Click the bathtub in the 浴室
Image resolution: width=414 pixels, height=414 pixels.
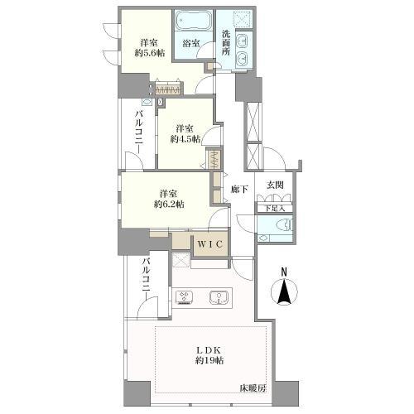point(194,20)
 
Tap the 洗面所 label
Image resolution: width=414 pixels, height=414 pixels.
point(226,42)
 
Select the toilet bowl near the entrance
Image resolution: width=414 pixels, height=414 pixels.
point(286,224)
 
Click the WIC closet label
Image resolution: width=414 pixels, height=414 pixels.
point(210,244)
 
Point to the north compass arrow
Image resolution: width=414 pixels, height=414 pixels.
point(284,292)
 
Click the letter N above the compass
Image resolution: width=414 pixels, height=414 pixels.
point(284,272)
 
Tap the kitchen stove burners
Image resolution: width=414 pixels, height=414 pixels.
point(184,297)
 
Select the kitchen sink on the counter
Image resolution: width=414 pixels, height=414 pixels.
point(219,297)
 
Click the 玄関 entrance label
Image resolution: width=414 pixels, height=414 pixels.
point(275,185)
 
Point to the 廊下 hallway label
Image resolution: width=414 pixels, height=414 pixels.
point(239,190)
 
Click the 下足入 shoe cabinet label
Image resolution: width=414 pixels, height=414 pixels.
point(275,208)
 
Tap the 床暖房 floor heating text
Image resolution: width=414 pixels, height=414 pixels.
point(253,388)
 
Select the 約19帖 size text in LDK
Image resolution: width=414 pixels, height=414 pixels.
point(209,360)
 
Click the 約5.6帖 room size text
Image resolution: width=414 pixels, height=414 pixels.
point(150,53)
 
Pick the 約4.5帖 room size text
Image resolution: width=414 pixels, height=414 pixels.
point(185,139)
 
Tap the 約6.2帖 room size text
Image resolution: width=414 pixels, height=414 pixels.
point(169,204)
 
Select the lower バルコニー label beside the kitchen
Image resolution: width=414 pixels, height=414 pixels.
point(147,279)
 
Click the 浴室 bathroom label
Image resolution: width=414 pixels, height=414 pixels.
point(191,43)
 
